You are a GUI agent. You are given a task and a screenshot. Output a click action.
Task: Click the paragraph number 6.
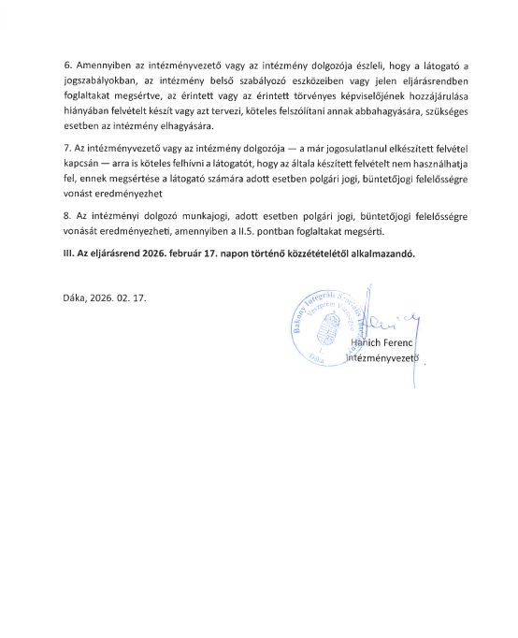click(x=65, y=67)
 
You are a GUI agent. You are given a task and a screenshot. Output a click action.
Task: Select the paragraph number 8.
click(x=65, y=215)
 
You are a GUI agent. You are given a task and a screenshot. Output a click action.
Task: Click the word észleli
click(x=340, y=67)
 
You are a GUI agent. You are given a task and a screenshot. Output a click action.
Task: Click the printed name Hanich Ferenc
click(x=379, y=343)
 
